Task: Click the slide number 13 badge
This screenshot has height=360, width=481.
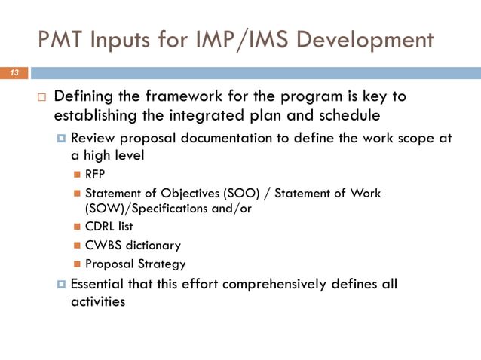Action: (x=14, y=73)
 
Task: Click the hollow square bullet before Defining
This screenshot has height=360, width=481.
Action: (x=41, y=99)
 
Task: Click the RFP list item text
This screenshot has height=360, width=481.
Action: (x=96, y=175)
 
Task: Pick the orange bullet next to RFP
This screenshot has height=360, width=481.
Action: (x=78, y=175)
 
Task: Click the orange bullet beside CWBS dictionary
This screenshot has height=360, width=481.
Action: (x=78, y=246)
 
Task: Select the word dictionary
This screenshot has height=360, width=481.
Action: (x=154, y=245)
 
